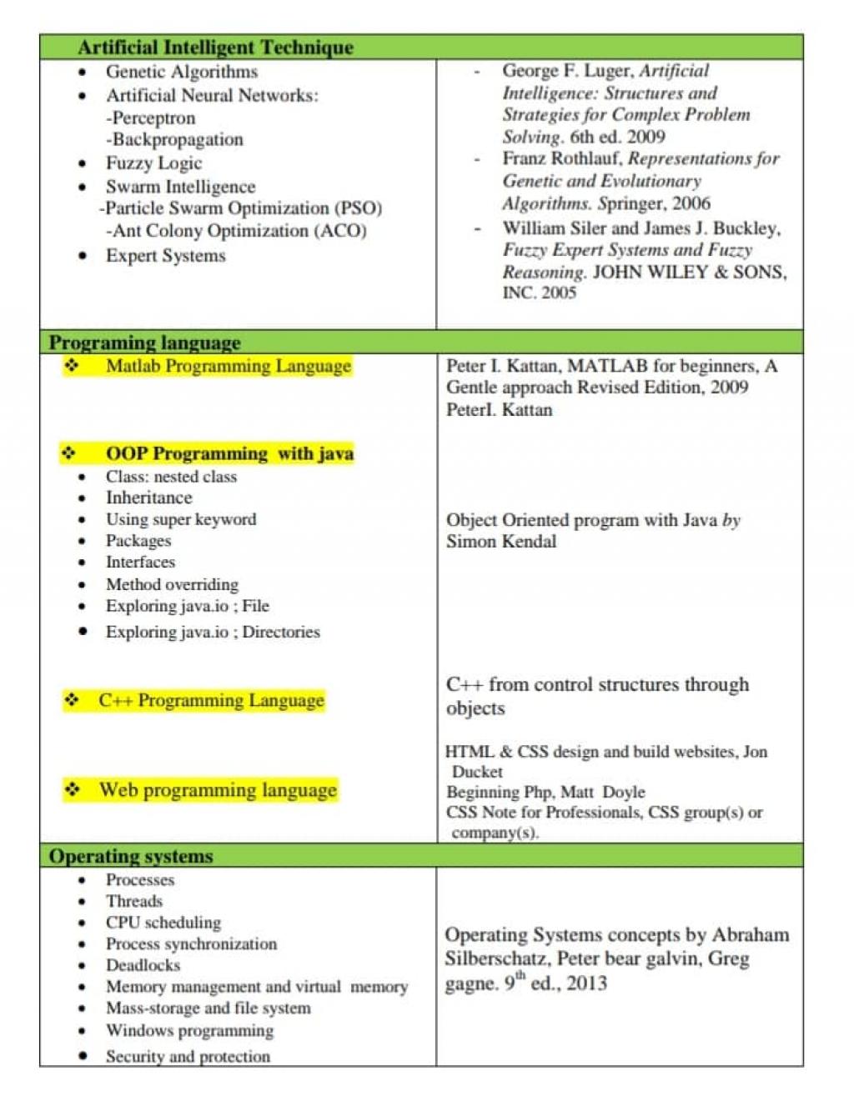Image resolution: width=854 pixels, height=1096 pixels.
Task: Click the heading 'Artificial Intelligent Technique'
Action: pos(215,48)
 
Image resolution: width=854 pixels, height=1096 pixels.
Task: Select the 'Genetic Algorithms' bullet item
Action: pos(181,72)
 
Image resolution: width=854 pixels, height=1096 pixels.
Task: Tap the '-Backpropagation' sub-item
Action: pos(174,139)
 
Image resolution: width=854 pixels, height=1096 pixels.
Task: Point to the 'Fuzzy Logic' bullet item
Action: pos(153,163)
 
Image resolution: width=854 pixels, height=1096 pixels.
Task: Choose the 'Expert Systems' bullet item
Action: pos(165,256)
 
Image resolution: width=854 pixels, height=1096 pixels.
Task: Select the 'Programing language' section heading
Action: pos(144,343)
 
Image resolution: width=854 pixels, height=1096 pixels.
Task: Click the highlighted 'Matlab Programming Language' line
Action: pos(228,366)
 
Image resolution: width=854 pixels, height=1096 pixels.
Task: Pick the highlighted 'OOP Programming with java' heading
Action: pos(229,453)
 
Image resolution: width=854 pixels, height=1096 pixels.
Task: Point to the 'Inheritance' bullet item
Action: pos(148,498)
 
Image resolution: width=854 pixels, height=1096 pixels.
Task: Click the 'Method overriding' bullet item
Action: pos(172,584)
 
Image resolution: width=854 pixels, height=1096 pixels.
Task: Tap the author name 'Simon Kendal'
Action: pos(500,542)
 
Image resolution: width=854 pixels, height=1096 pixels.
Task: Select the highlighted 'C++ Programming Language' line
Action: pos(211,700)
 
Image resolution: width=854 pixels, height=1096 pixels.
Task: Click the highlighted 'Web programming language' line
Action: pos(218,790)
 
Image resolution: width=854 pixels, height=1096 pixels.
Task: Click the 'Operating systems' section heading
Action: pos(131,856)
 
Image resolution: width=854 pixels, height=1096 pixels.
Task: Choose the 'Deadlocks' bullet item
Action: pos(143,965)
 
